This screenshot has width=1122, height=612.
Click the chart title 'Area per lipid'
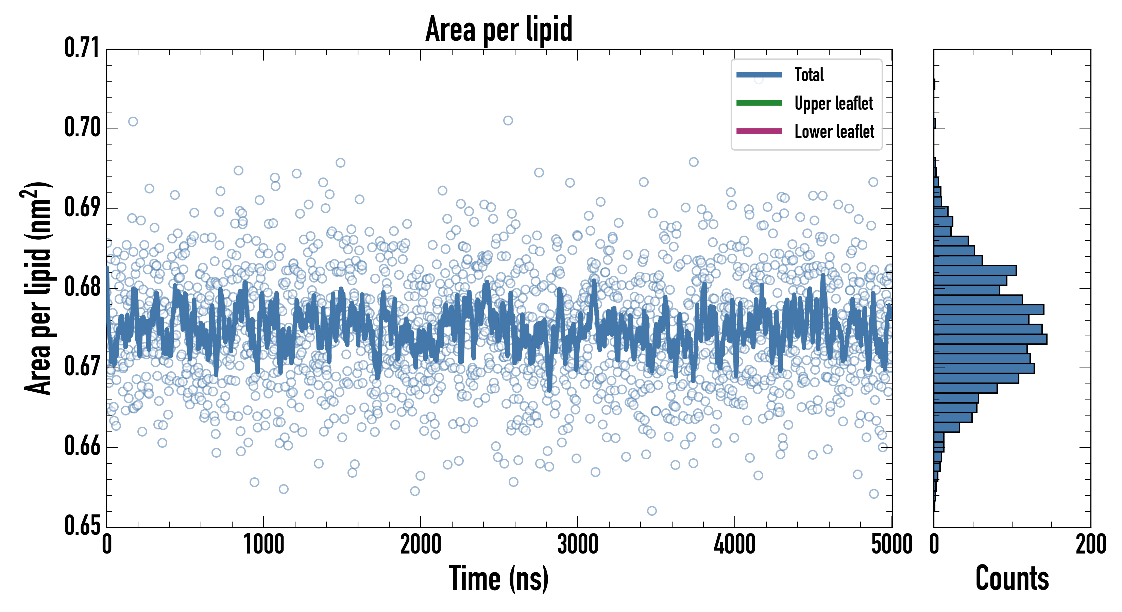coord(499,29)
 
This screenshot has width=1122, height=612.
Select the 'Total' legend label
coord(809,74)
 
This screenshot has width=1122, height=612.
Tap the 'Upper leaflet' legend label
coord(833,103)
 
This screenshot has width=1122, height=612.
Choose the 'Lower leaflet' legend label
coord(834,132)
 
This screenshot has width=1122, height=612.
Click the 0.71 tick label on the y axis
coord(82,48)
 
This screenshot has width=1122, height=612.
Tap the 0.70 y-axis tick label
coord(82,128)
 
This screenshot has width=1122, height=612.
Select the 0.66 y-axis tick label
coord(82,446)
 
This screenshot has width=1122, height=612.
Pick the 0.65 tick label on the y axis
coord(82,525)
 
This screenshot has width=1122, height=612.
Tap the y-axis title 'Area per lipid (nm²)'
coord(37,288)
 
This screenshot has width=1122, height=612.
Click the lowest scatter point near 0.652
coord(651,510)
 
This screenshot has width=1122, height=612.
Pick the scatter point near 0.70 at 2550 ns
coord(508,121)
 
